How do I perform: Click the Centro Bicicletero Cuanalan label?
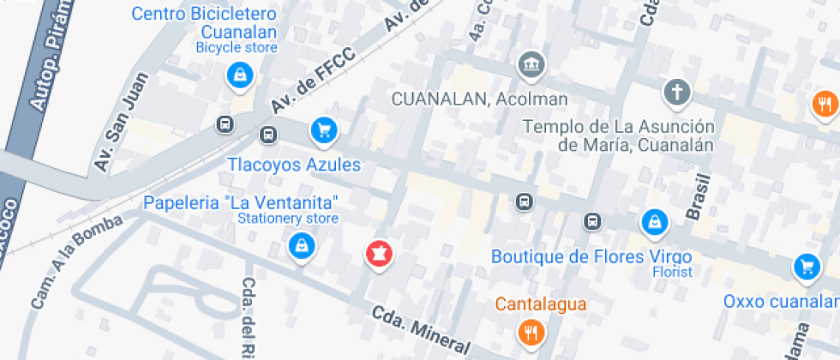click(x=205, y=23)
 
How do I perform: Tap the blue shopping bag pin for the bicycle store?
click(x=238, y=75)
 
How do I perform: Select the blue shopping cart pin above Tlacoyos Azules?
click(x=323, y=130)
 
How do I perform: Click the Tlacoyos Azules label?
click(x=294, y=164)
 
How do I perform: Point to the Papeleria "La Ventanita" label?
click(x=242, y=203)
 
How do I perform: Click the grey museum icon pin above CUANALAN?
click(x=531, y=63)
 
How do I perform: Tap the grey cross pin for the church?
click(x=677, y=91)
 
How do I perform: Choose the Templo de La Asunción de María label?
click(x=618, y=135)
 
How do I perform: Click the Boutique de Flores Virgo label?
click(x=591, y=256)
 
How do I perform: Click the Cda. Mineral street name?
click(x=420, y=330)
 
